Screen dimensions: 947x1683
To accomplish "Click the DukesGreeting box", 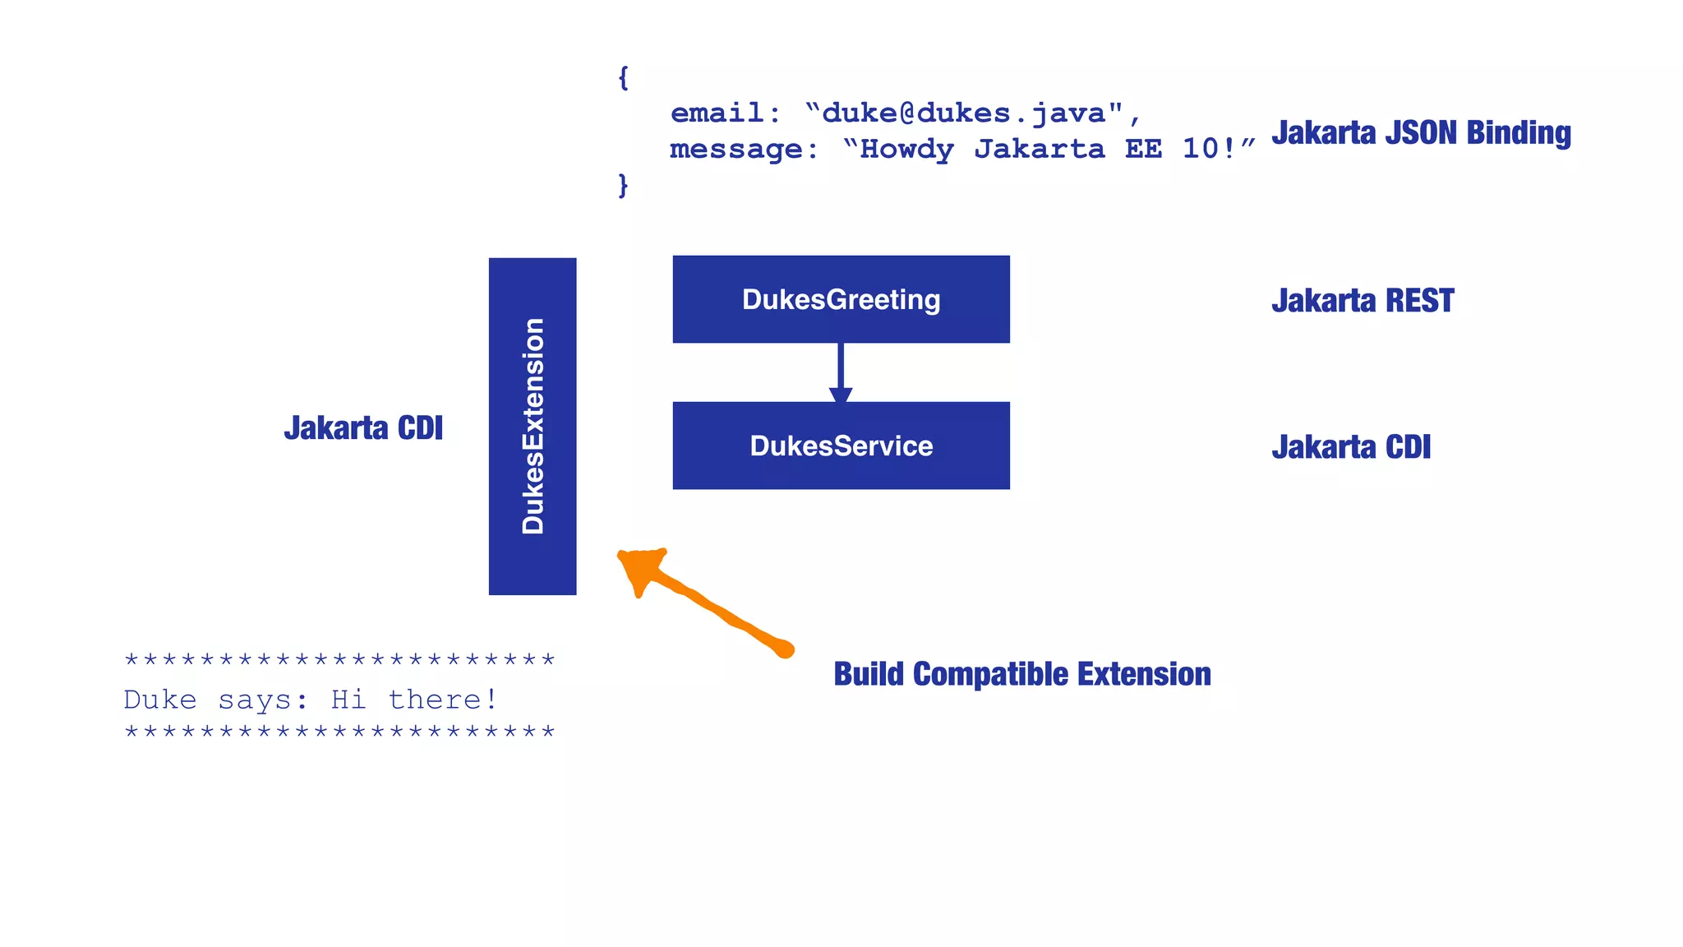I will click(841, 299).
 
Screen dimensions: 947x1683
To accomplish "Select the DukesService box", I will click(841, 446).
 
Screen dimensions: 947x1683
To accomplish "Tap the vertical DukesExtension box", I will click(533, 426).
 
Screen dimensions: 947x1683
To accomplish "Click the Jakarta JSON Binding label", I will click(1421, 133).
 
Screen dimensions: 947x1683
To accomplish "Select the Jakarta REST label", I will click(1363, 301).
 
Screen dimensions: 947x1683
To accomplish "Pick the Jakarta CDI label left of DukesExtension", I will click(363, 428).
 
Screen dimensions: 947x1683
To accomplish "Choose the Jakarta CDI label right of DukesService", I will click(1351, 447).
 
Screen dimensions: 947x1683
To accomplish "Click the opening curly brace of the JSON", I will click(623, 78).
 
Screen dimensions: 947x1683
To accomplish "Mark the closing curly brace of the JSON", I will click(623, 185).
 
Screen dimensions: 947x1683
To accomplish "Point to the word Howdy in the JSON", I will click(906, 150).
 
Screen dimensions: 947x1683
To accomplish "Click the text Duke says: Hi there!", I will click(311, 700).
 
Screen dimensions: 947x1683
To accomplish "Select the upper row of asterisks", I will click(339, 660).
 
